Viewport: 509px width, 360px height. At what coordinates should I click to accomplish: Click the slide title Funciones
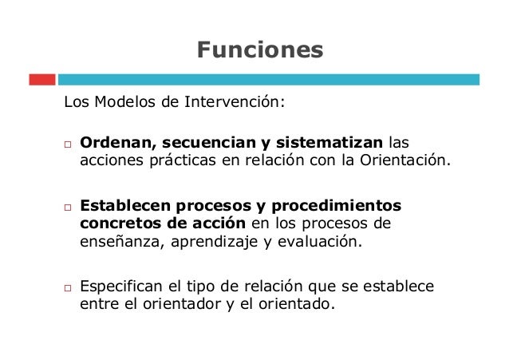coord(260,50)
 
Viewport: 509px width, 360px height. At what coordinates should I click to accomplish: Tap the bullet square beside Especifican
coord(69,289)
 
